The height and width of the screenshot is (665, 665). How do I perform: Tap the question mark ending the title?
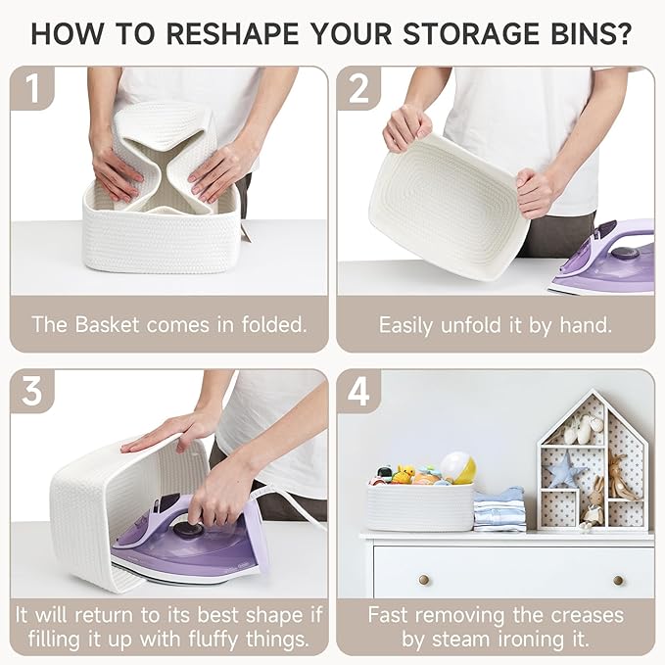coord(623,33)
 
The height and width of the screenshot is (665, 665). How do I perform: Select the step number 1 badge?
coord(32,88)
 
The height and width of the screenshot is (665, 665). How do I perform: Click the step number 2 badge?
coord(358,88)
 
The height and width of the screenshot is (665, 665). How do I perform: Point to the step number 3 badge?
coord(32,391)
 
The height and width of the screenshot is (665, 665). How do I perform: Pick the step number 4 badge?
coord(358,391)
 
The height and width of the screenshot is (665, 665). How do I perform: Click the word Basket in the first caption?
coord(107,324)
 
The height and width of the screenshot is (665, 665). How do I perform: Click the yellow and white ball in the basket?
coord(457,468)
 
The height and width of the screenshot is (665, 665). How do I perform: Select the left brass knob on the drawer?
coord(424,580)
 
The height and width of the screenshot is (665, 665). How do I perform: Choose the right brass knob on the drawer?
coord(618,580)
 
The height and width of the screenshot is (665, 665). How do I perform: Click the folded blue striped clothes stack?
coord(499,510)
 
